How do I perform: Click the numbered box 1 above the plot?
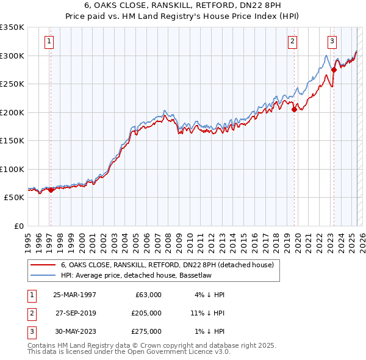(49, 41)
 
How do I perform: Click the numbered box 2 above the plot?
(293, 41)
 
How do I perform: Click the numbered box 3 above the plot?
(332, 41)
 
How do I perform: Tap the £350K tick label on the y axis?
(12, 27)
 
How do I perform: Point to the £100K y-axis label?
(12, 169)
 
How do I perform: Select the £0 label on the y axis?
(19, 226)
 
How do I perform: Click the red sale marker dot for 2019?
(294, 109)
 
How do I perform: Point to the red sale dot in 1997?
(51, 190)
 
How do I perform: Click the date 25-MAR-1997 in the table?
(75, 295)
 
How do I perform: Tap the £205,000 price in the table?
(146, 313)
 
